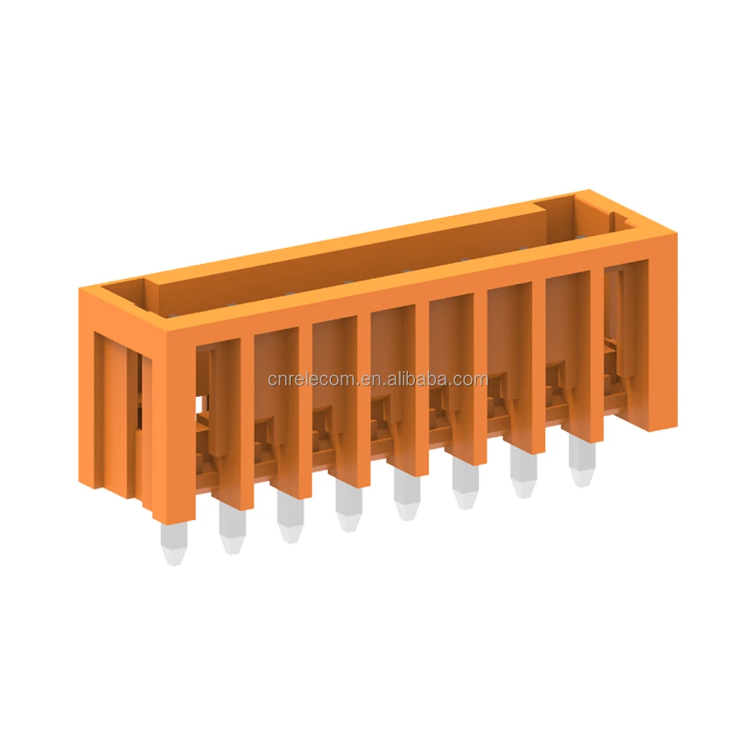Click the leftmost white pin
click(173, 544)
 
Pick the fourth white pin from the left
click(348, 509)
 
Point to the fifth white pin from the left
click(406, 498)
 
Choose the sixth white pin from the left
click(464, 487)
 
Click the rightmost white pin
click(581, 464)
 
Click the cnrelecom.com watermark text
click(377, 379)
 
